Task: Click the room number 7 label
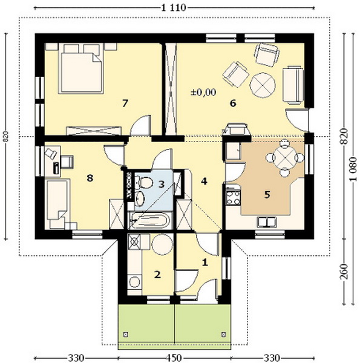click(125, 103)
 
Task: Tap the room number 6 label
click(233, 103)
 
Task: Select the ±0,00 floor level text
click(203, 93)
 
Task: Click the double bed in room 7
click(81, 72)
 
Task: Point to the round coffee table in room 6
click(263, 85)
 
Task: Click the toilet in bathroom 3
click(144, 183)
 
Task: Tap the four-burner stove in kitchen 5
click(233, 197)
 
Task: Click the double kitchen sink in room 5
click(267, 222)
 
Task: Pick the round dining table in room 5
click(284, 158)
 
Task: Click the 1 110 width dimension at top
click(174, 8)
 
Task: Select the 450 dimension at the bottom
click(174, 358)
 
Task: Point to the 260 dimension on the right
click(344, 272)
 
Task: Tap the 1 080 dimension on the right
click(353, 169)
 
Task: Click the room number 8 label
click(90, 178)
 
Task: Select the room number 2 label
click(157, 275)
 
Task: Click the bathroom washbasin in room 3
click(140, 198)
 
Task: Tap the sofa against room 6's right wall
click(293, 85)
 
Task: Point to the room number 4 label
click(204, 181)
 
